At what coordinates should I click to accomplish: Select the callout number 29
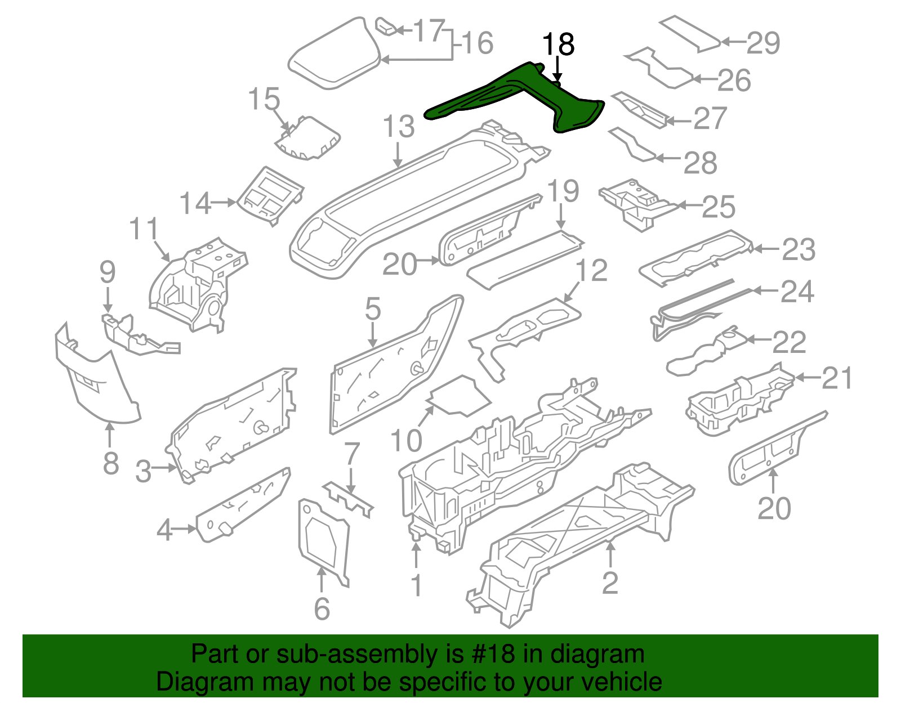point(763,43)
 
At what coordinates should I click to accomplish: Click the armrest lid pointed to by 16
point(334,54)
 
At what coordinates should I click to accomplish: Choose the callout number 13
point(399,127)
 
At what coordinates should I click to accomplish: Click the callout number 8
point(111,463)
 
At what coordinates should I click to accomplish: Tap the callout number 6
point(322,609)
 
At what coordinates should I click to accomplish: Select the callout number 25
point(719,207)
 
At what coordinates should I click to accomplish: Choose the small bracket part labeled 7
point(348,499)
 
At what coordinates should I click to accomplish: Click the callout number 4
point(164,530)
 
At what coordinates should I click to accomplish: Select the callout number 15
point(264,99)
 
